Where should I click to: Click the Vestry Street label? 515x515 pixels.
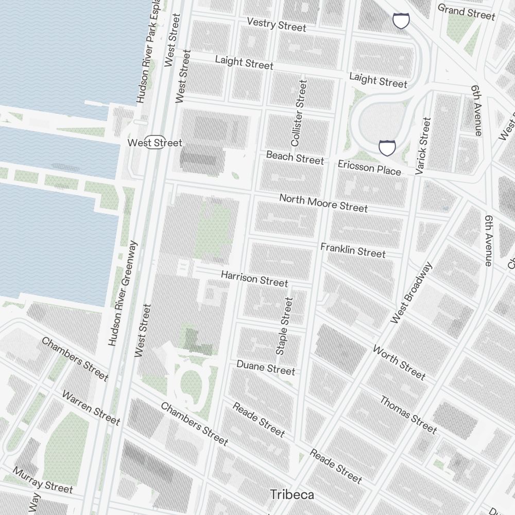click(x=277, y=24)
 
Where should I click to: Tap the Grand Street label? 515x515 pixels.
click(x=466, y=12)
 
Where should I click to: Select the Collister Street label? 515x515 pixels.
click(x=299, y=112)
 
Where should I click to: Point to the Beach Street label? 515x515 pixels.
click(x=295, y=157)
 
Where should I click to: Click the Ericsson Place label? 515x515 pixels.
click(x=369, y=167)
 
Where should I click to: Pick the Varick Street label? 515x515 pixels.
click(x=423, y=145)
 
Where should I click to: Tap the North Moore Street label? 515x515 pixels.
click(x=323, y=203)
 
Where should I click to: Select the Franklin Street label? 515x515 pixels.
click(x=353, y=251)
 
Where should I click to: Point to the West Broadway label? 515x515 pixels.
click(x=411, y=293)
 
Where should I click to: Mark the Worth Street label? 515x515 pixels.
click(x=399, y=363)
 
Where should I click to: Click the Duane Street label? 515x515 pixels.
click(x=266, y=368)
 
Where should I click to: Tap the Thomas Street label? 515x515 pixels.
click(x=408, y=415)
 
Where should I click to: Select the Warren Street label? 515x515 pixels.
click(x=91, y=408)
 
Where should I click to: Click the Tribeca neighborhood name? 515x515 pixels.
click(x=292, y=495)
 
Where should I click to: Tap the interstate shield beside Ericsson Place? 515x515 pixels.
click(x=387, y=148)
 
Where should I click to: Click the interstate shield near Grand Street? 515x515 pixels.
click(x=401, y=21)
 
